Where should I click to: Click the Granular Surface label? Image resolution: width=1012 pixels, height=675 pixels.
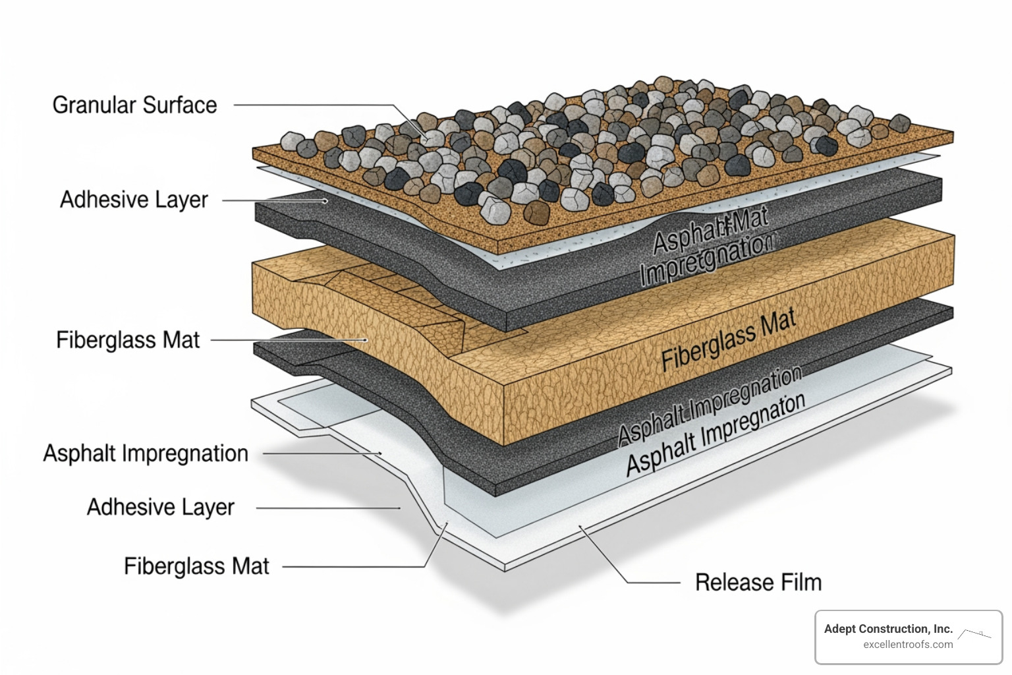(x=134, y=105)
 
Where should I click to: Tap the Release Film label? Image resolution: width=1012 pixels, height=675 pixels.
(x=758, y=583)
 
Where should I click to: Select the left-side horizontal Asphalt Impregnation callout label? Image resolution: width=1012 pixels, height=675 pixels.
(x=146, y=454)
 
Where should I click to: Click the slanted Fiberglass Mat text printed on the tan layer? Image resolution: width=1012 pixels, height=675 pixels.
(x=729, y=341)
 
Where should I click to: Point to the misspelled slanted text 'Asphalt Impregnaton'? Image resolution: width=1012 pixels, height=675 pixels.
(x=716, y=435)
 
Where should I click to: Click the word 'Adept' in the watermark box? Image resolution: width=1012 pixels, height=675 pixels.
(x=840, y=629)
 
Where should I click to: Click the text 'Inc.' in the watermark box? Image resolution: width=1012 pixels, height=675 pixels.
(x=943, y=629)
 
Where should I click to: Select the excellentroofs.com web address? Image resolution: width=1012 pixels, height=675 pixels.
(x=908, y=645)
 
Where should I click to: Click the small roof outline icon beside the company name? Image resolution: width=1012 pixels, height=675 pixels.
(x=974, y=634)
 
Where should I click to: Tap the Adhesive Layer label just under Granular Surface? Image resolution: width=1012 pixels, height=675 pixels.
(x=134, y=200)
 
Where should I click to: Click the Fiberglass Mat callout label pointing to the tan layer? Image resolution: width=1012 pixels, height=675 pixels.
(x=128, y=340)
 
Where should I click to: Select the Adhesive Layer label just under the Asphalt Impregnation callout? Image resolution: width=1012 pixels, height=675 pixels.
(x=161, y=508)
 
